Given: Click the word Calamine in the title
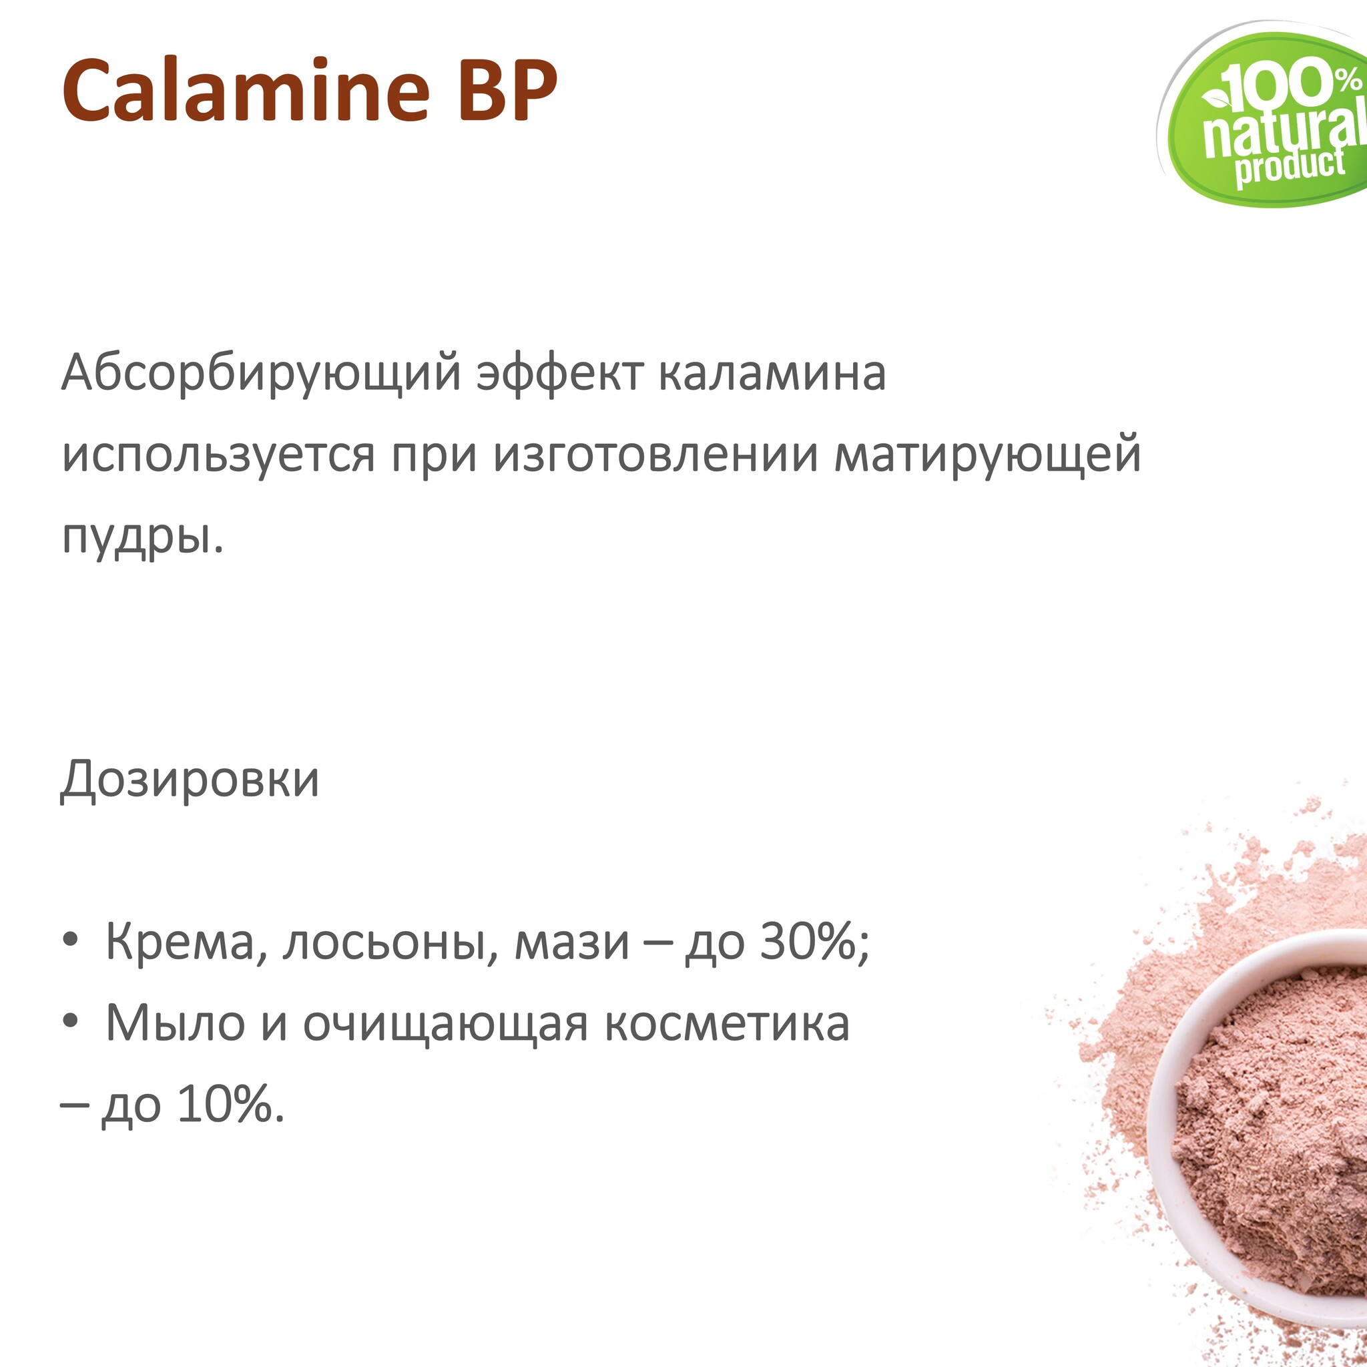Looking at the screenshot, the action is [x=246, y=89].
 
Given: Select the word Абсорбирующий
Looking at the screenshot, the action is [x=261, y=374].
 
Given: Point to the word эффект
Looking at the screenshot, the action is [x=559, y=374].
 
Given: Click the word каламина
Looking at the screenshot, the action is [x=772, y=374].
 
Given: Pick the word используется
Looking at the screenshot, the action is [x=218, y=456].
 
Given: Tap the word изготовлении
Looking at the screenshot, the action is [x=656, y=455].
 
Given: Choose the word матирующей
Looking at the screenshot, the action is [x=988, y=456].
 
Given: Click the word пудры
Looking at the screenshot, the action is [x=142, y=537].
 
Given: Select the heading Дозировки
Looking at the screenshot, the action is [x=190, y=780].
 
